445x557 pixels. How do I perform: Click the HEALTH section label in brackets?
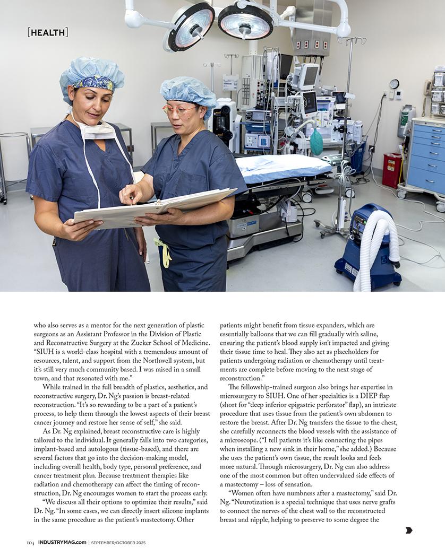pyautogui.click(x=48, y=32)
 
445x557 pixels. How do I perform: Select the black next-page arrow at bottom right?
pyautogui.click(x=409, y=530)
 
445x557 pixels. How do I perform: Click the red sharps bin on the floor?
pyautogui.click(x=392, y=170)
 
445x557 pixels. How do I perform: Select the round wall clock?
pyautogui.click(x=394, y=84)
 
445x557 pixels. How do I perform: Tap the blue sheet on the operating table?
pyautogui.click(x=281, y=168)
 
